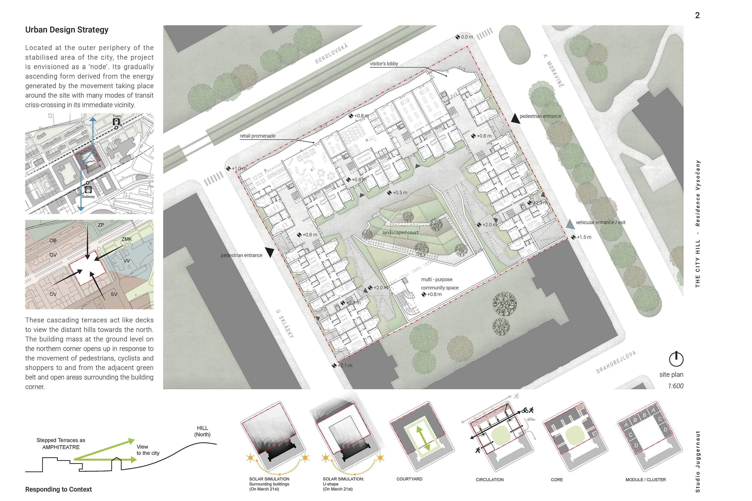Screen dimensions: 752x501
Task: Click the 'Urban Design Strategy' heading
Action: (67, 30)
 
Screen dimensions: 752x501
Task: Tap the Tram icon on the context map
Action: (116, 122)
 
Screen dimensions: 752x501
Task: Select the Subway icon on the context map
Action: (88, 190)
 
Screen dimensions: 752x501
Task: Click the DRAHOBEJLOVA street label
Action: (616, 362)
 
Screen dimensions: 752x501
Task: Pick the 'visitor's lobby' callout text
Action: (384, 64)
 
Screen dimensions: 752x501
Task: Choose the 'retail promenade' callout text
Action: (258, 136)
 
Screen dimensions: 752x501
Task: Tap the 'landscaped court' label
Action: (400, 233)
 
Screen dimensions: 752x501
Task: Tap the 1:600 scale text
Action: (676, 386)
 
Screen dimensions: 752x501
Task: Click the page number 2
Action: (697, 15)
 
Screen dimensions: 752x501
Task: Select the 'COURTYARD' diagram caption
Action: (409, 479)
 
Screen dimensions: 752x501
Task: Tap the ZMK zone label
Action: (127, 239)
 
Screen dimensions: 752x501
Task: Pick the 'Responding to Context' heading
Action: (58, 489)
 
